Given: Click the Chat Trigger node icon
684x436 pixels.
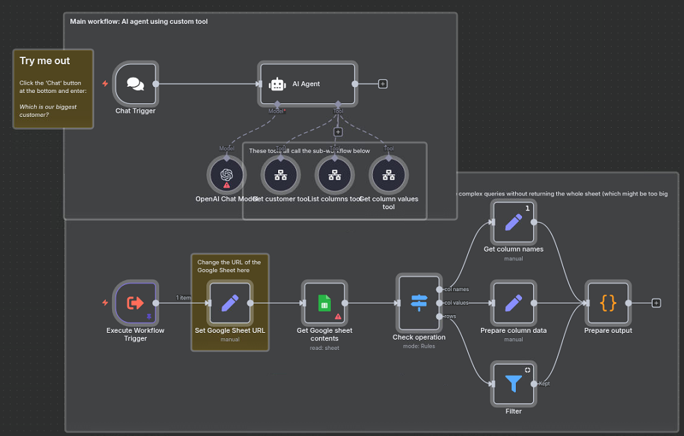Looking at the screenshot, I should (x=135, y=84).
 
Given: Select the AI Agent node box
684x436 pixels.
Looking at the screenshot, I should (x=307, y=84).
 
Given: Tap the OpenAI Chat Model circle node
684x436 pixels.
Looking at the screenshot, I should (x=227, y=175).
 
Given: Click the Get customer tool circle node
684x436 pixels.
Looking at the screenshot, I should (x=281, y=175).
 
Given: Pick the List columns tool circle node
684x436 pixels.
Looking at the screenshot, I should (x=335, y=175).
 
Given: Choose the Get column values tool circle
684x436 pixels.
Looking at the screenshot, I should (x=388, y=175).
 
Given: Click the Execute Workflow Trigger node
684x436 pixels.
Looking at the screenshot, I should (x=135, y=303).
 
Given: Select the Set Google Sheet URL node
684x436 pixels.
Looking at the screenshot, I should (x=230, y=303).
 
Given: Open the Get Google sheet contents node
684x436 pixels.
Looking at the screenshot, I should (x=325, y=303).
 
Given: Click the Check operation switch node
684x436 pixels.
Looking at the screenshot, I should (x=419, y=303).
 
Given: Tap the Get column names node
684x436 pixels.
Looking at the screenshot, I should (x=513, y=222).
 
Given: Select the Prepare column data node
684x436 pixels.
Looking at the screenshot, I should (x=513, y=303).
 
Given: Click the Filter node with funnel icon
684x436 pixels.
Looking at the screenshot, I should (x=513, y=383).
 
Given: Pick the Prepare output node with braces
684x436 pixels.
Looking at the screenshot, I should (x=607, y=303).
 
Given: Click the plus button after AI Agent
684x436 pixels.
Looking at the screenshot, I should (x=383, y=84).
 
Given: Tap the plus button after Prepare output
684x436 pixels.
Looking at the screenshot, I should (x=656, y=303).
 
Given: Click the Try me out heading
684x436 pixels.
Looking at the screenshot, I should (x=45, y=61).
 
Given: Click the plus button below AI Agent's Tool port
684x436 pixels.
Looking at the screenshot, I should (x=338, y=132).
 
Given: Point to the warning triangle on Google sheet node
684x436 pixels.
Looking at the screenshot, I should (x=338, y=316).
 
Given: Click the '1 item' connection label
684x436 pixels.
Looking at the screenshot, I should (x=183, y=297).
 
